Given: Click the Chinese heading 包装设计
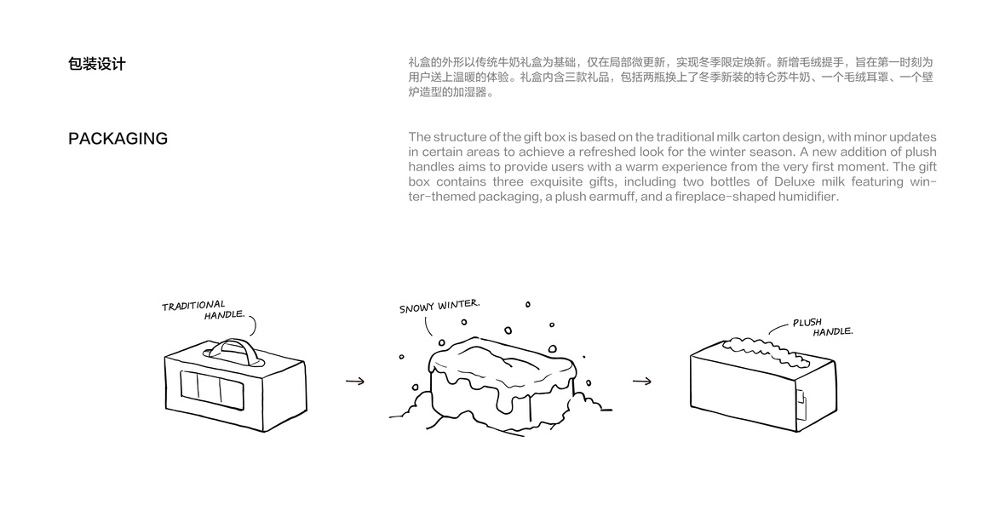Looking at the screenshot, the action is tap(96, 64).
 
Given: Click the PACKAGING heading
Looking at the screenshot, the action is tap(118, 139).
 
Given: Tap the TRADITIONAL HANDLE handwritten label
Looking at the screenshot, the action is tap(201, 309).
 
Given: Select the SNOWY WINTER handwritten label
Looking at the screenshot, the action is tap(439, 305).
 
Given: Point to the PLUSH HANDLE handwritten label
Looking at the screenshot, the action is tap(820, 327).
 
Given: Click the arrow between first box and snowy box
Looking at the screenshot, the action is tap(355, 381).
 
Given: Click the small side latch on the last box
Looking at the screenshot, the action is tap(801, 402).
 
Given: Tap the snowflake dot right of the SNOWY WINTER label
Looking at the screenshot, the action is tap(527, 304).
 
